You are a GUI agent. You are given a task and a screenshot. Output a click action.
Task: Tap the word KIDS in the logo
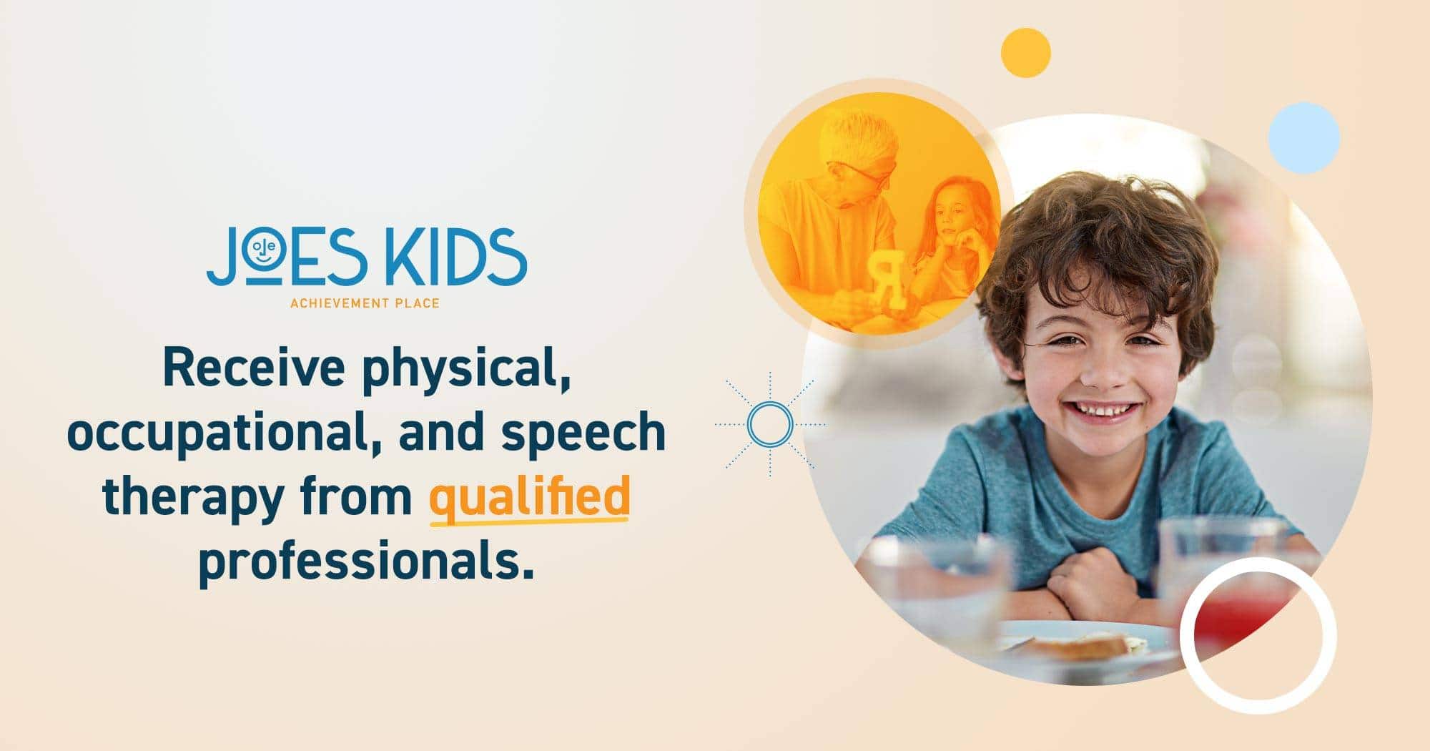click(x=455, y=255)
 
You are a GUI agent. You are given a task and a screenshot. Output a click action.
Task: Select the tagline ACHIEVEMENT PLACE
click(x=365, y=303)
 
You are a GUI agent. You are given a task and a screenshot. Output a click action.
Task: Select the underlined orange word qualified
click(x=529, y=496)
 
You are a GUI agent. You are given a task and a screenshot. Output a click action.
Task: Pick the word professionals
click(x=366, y=562)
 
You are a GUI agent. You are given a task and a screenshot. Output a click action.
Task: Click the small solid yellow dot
click(x=1025, y=53)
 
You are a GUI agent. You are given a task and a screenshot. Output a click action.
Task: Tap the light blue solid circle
click(x=1304, y=138)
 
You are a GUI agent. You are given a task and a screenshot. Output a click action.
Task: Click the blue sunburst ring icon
click(x=770, y=424)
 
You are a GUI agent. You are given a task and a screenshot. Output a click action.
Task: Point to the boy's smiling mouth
click(x=1101, y=411)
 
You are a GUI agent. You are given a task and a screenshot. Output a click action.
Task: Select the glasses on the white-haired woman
click(x=862, y=172)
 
